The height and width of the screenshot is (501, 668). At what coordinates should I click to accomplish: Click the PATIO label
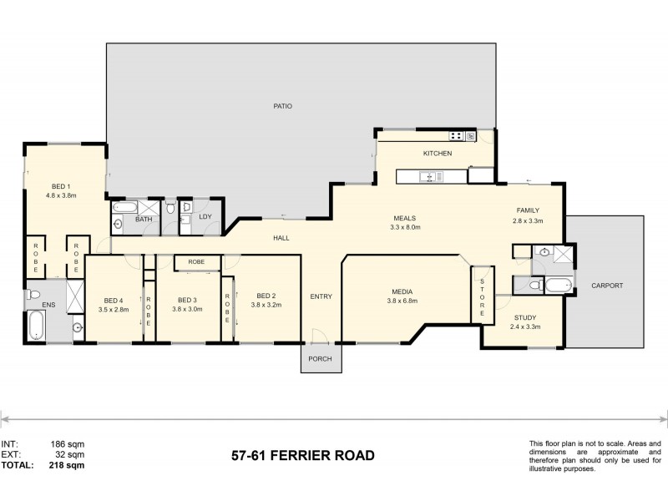tap(281, 106)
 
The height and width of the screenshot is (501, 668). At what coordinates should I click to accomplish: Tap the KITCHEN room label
tap(437, 154)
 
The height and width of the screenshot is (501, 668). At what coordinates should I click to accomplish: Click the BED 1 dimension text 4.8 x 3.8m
tap(61, 195)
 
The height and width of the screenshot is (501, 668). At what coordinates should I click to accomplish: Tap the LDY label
tap(205, 218)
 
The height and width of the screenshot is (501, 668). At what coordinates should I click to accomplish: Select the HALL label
tap(281, 238)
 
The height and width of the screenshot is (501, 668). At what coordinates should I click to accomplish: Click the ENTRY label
tap(321, 296)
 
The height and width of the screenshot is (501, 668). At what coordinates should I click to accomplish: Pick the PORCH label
tap(321, 359)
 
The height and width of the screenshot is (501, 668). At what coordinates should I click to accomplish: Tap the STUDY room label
tap(525, 317)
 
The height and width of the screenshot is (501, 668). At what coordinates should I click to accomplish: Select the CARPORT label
tap(607, 286)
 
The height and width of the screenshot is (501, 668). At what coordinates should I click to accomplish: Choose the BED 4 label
tap(114, 300)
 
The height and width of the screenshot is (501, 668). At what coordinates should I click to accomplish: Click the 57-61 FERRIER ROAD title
tap(302, 456)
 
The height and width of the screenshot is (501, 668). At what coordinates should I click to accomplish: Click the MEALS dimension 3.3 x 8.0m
tap(405, 227)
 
